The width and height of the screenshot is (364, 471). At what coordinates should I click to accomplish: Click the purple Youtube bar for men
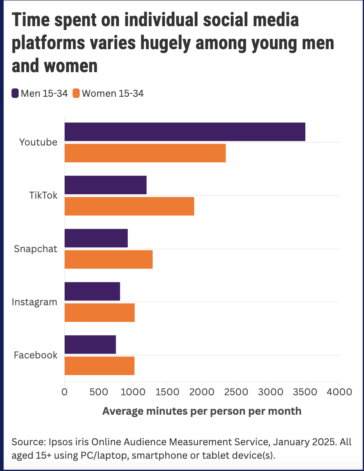[x=185, y=132]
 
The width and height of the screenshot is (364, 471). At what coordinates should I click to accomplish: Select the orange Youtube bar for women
[x=145, y=153]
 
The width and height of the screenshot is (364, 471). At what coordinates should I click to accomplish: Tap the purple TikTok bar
[x=106, y=185]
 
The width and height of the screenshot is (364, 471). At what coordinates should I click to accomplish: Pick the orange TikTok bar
[x=129, y=207]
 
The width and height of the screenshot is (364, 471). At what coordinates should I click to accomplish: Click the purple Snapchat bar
[x=96, y=238]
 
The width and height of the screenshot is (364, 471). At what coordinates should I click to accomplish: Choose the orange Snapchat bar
[x=109, y=260]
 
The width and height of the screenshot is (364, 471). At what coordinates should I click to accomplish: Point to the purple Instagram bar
[x=92, y=291]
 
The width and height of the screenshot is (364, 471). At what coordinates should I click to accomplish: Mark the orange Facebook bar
[x=100, y=366]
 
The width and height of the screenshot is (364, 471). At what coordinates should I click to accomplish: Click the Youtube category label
[x=38, y=142]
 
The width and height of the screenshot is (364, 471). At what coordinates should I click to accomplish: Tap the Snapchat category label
[x=35, y=249]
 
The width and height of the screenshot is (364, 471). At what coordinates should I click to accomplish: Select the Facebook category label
[x=35, y=355]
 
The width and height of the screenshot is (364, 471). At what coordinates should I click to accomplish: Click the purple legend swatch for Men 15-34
[x=15, y=93]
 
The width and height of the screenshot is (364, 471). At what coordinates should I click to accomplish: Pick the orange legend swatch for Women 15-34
[x=76, y=93]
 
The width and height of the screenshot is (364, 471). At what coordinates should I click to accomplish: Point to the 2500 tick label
[x=236, y=392]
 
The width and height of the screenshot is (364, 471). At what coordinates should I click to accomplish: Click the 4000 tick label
[x=339, y=392]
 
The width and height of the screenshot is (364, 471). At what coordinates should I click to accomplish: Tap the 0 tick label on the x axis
[x=65, y=392]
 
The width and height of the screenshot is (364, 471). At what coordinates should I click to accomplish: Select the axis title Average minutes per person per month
[x=202, y=411]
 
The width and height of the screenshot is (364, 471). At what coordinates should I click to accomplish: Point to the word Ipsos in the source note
[x=59, y=442]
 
